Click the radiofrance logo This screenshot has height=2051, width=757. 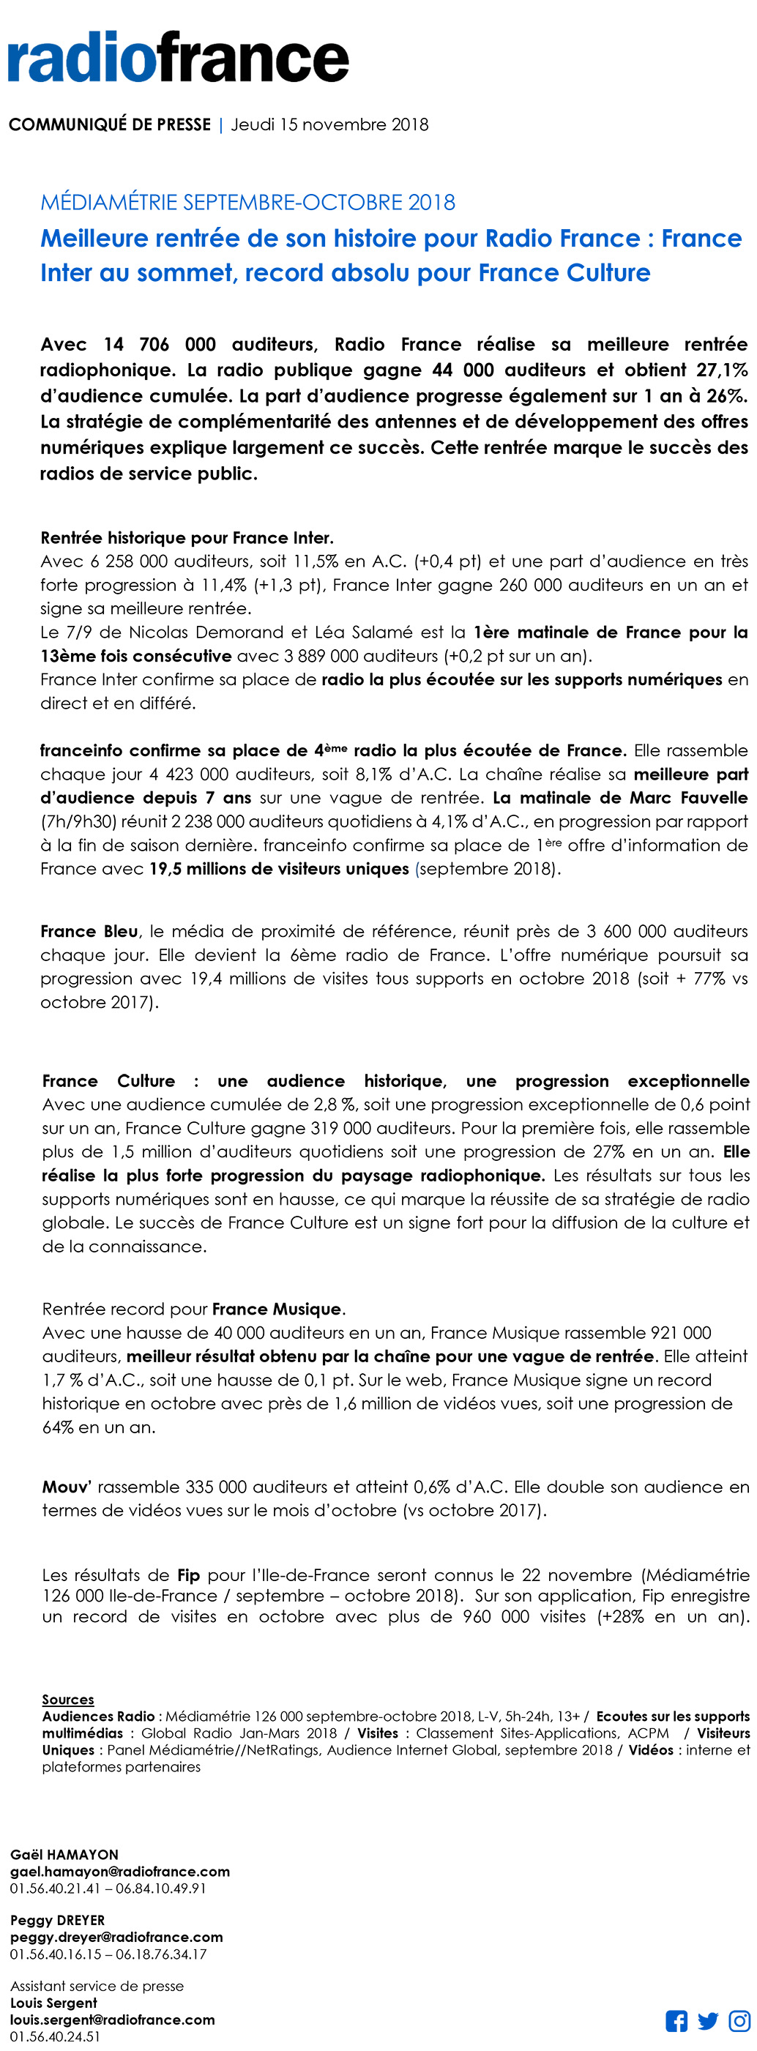click(x=179, y=57)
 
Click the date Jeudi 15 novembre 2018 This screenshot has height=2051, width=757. click(x=329, y=125)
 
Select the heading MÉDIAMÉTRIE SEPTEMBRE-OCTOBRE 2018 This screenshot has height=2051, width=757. click(x=247, y=202)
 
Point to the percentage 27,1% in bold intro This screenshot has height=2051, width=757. click(x=722, y=370)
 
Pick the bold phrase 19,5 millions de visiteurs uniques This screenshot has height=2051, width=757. click(x=279, y=870)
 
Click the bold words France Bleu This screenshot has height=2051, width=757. click(x=89, y=932)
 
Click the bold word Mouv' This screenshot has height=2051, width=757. click(x=67, y=1487)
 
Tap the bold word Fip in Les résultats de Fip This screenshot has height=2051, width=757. click(x=189, y=1576)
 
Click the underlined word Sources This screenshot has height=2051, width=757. click(x=67, y=1700)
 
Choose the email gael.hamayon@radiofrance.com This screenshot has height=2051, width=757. click(x=119, y=1871)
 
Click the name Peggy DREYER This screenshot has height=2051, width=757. click(x=57, y=1921)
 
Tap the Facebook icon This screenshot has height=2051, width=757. click(x=676, y=2021)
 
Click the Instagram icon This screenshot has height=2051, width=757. click(x=739, y=2021)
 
